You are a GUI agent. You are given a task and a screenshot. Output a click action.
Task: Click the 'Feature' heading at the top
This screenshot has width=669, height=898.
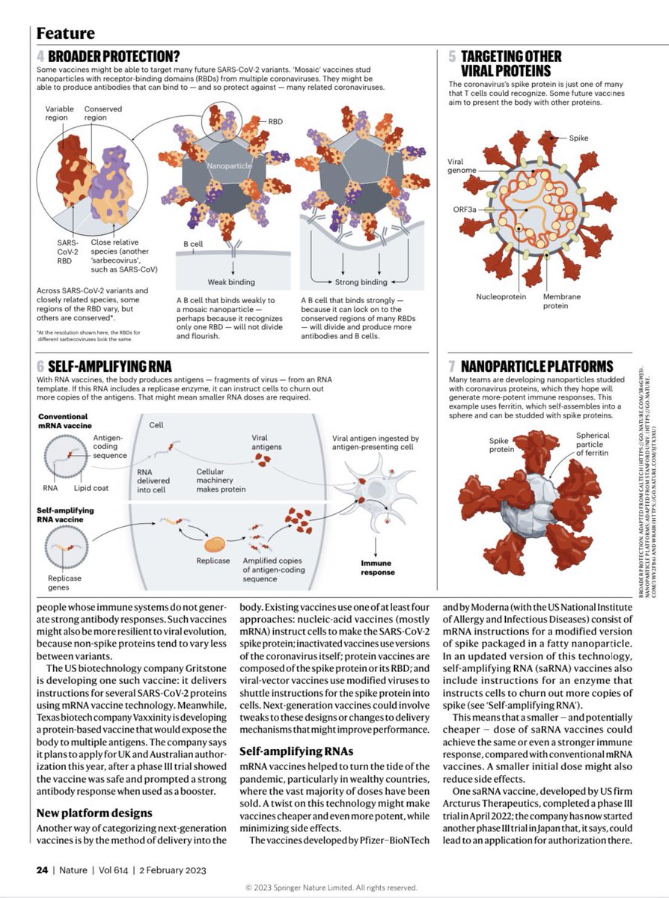(x=66, y=33)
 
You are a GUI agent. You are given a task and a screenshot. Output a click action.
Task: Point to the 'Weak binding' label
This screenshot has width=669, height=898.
(x=232, y=281)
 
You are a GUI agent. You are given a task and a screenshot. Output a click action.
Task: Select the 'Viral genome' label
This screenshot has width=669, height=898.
(x=462, y=165)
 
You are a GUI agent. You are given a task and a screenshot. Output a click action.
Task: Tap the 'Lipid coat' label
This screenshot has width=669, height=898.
(x=91, y=487)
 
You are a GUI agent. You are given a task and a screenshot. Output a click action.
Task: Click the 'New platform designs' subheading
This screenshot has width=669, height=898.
(x=94, y=812)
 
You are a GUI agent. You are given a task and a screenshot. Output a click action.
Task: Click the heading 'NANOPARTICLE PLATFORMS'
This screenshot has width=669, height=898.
(x=537, y=367)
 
